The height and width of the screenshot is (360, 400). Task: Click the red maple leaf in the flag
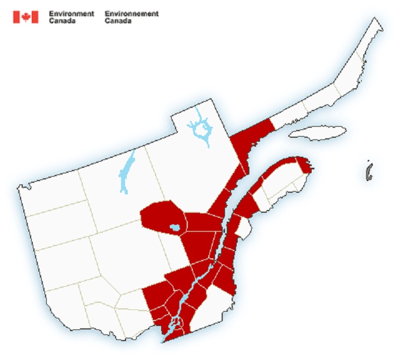26,17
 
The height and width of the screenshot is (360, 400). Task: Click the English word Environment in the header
71,13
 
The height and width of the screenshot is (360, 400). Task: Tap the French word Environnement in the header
131,13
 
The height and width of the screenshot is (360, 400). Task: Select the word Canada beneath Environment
62,21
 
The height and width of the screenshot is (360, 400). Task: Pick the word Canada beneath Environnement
118,21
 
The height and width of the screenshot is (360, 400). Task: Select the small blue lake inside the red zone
174,228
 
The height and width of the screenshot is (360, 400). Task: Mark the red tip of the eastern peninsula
303,164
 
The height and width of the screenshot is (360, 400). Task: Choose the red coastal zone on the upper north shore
253,136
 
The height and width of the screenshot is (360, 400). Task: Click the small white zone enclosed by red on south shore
243,227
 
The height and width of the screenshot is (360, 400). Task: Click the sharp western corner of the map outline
18,188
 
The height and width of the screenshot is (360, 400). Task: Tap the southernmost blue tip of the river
162,342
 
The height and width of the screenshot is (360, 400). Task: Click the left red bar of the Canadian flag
16,17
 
